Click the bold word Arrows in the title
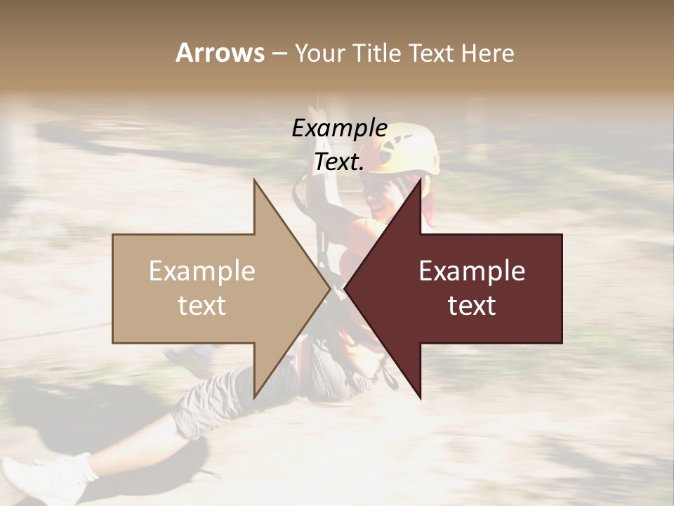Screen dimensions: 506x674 (x=220, y=53)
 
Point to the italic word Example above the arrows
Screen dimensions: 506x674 (x=339, y=129)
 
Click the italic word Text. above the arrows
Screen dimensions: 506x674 (x=339, y=162)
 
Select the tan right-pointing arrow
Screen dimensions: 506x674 (x=211, y=289)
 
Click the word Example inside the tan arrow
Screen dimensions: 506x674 (x=202, y=271)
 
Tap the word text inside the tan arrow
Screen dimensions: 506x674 (x=202, y=306)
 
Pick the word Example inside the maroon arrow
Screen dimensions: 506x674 (x=472, y=271)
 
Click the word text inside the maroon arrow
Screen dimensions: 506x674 (x=472, y=306)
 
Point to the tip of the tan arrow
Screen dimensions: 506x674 (x=329, y=288)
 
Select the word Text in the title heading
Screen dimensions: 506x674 (x=432, y=53)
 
